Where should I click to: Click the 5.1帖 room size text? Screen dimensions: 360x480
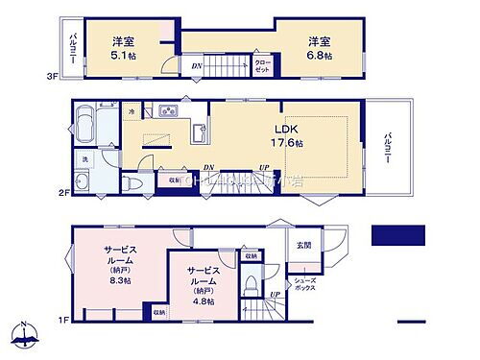(121, 56)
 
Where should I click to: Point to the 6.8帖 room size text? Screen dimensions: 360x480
(320, 56)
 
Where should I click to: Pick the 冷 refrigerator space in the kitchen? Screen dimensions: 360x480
(132, 113)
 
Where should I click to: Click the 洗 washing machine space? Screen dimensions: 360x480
(83, 159)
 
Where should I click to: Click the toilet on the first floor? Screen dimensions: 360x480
(251, 285)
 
